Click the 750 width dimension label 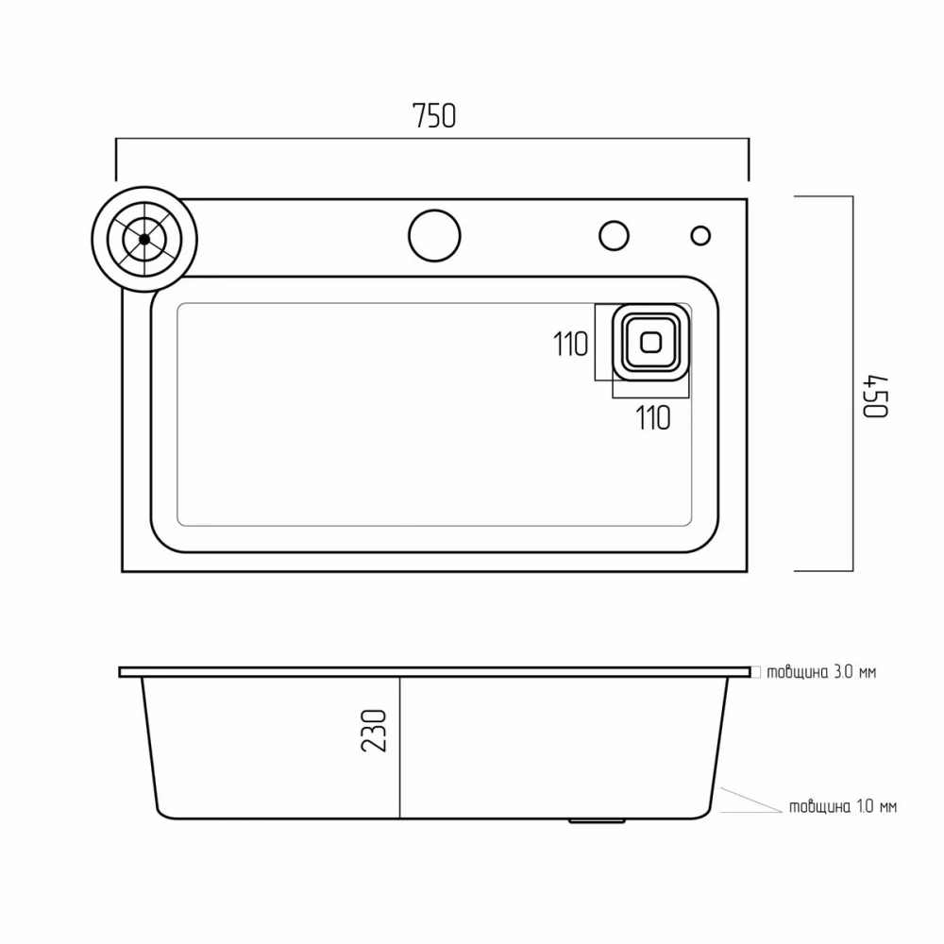(x=434, y=115)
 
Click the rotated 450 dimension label (x=875, y=396)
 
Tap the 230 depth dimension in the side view (x=374, y=731)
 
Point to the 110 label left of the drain (x=570, y=345)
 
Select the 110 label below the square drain (x=653, y=418)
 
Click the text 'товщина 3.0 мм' (x=821, y=672)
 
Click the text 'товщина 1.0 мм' (x=843, y=806)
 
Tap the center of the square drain (x=650, y=343)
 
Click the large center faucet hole (x=434, y=235)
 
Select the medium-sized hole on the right (x=615, y=235)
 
